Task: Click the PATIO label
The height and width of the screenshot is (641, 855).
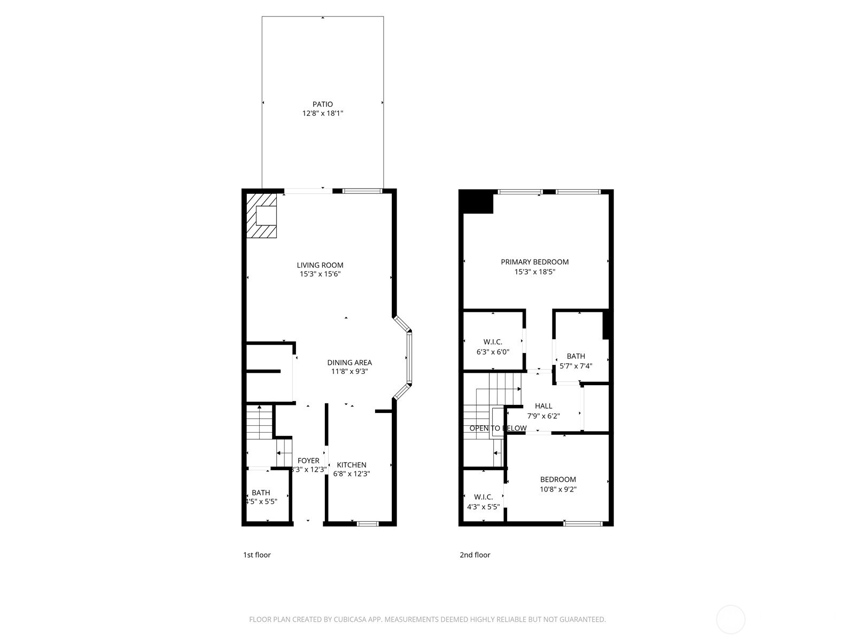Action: pyautogui.click(x=322, y=104)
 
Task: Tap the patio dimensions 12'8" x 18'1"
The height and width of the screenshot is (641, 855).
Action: pyautogui.click(x=322, y=113)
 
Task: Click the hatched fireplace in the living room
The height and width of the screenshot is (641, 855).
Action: pyautogui.click(x=262, y=216)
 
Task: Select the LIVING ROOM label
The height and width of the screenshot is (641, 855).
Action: pyautogui.click(x=320, y=265)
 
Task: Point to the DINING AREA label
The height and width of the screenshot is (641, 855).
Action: pyautogui.click(x=349, y=363)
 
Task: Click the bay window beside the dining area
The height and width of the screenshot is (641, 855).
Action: pyautogui.click(x=409, y=357)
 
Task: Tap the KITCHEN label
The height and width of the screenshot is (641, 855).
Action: pyautogui.click(x=352, y=465)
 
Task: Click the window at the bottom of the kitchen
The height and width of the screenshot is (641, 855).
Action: pyautogui.click(x=368, y=523)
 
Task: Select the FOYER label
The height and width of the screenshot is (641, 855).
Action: pyautogui.click(x=308, y=460)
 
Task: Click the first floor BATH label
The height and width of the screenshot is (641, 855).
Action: pyautogui.click(x=261, y=493)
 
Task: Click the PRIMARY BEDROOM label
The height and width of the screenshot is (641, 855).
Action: pyautogui.click(x=534, y=262)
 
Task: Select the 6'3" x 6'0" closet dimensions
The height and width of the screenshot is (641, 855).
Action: pyautogui.click(x=493, y=352)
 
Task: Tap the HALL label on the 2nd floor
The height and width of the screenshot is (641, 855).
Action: pyautogui.click(x=543, y=406)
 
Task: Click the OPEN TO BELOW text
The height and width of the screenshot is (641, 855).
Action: pyautogui.click(x=498, y=428)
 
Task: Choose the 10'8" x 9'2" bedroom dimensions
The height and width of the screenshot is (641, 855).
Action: pyautogui.click(x=558, y=489)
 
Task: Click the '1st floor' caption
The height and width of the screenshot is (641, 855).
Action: pyautogui.click(x=256, y=555)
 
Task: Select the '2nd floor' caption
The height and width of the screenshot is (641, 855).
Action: pyautogui.click(x=475, y=555)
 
